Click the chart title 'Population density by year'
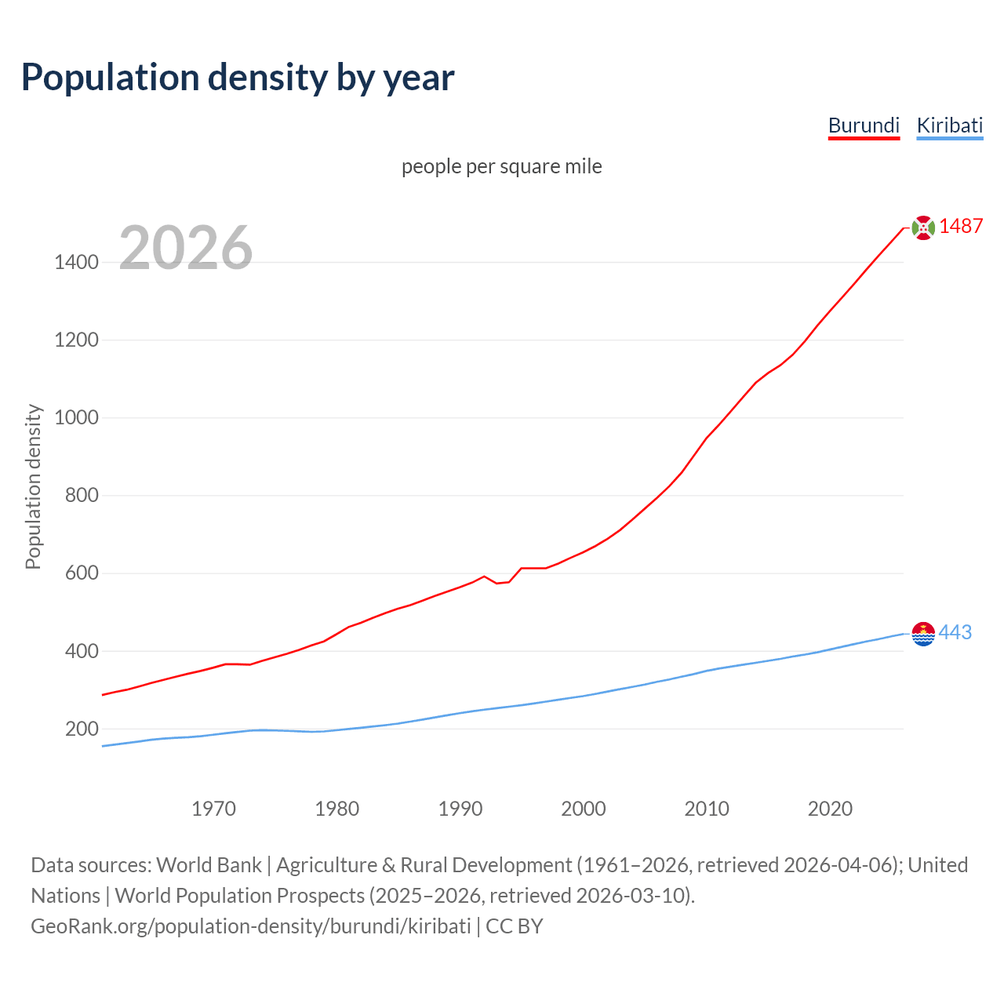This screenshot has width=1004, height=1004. coord(238,77)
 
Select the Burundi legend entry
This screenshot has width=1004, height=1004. coord(864,125)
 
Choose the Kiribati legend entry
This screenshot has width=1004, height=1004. coord(949,125)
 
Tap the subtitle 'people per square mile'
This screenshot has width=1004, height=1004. coord(501,166)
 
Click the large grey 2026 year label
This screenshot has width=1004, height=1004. coord(186,248)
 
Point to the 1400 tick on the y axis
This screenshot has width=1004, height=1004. coord(76,262)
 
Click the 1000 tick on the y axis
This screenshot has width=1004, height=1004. coord(76,417)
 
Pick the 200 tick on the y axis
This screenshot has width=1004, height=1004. coord(82,729)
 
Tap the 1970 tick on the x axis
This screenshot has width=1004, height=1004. coord(213,809)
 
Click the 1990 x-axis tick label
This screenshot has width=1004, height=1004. coord(460,809)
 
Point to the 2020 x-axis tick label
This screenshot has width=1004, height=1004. coord(830,809)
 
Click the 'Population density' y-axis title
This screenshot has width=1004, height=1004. coord(33,486)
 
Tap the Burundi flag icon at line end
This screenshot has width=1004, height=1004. coord(923,227)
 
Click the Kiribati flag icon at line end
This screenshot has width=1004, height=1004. coord(923,633)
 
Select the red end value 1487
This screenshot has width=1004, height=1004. coord(961,226)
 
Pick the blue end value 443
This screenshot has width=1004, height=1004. coord(955,632)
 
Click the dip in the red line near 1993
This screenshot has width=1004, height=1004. coord(497,583)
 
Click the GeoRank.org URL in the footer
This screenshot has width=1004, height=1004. coord(251,926)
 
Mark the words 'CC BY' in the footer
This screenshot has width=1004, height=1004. coord(515,926)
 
